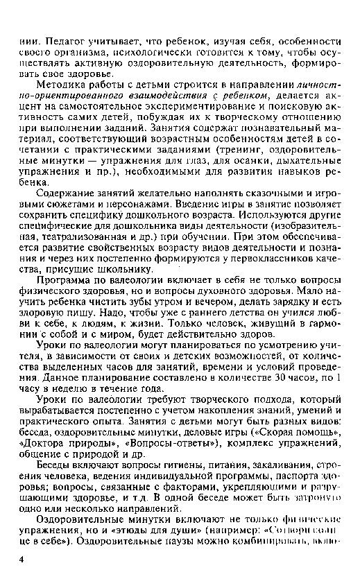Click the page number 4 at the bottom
pos(22,558)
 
